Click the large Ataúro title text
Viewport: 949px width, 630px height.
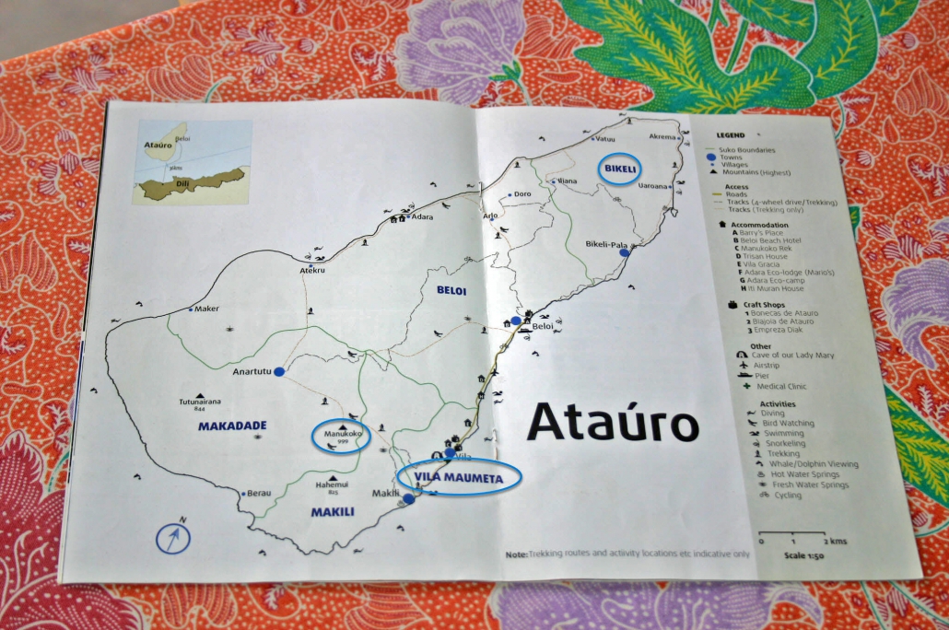[x=613, y=424]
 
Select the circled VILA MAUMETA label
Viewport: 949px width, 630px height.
[x=459, y=476]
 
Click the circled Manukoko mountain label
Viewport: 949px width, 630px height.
[x=341, y=435]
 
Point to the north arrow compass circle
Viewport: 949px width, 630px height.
[x=173, y=537]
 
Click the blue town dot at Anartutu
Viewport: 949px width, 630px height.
[x=279, y=371]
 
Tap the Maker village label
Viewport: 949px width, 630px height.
[x=207, y=309]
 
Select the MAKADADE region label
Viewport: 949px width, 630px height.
[x=232, y=426]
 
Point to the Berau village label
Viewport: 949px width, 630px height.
[x=260, y=494]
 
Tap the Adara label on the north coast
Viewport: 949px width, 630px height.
[x=423, y=217]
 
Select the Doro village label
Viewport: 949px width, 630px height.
[x=522, y=194]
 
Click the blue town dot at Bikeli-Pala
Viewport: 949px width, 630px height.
[x=624, y=252]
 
